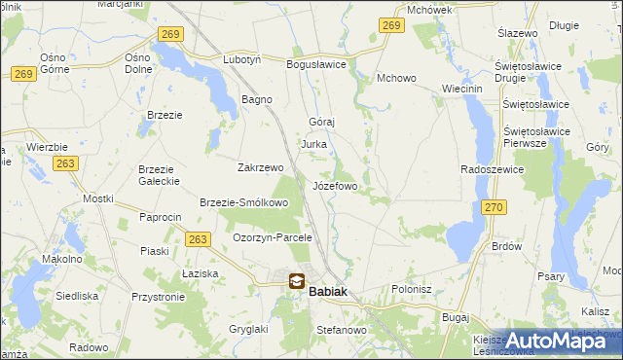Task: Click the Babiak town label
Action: tap(328, 290)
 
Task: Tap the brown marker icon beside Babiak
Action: tap(296, 281)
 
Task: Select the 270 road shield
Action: tap(495, 207)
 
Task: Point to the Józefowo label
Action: tap(335, 185)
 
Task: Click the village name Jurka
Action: tap(313, 144)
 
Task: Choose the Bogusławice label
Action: tap(316, 64)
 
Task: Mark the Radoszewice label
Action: tap(493, 168)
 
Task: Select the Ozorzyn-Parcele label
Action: tap(272, 236)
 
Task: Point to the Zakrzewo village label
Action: tap(260, 166)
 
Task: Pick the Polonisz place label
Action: tap(411, 289)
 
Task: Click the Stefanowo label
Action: tap(341, 331)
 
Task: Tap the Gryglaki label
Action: tap(246, 329)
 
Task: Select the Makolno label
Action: tap(61, 260)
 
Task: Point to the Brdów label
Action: tap(507, 246)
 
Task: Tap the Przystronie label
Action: tap(158, 298)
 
